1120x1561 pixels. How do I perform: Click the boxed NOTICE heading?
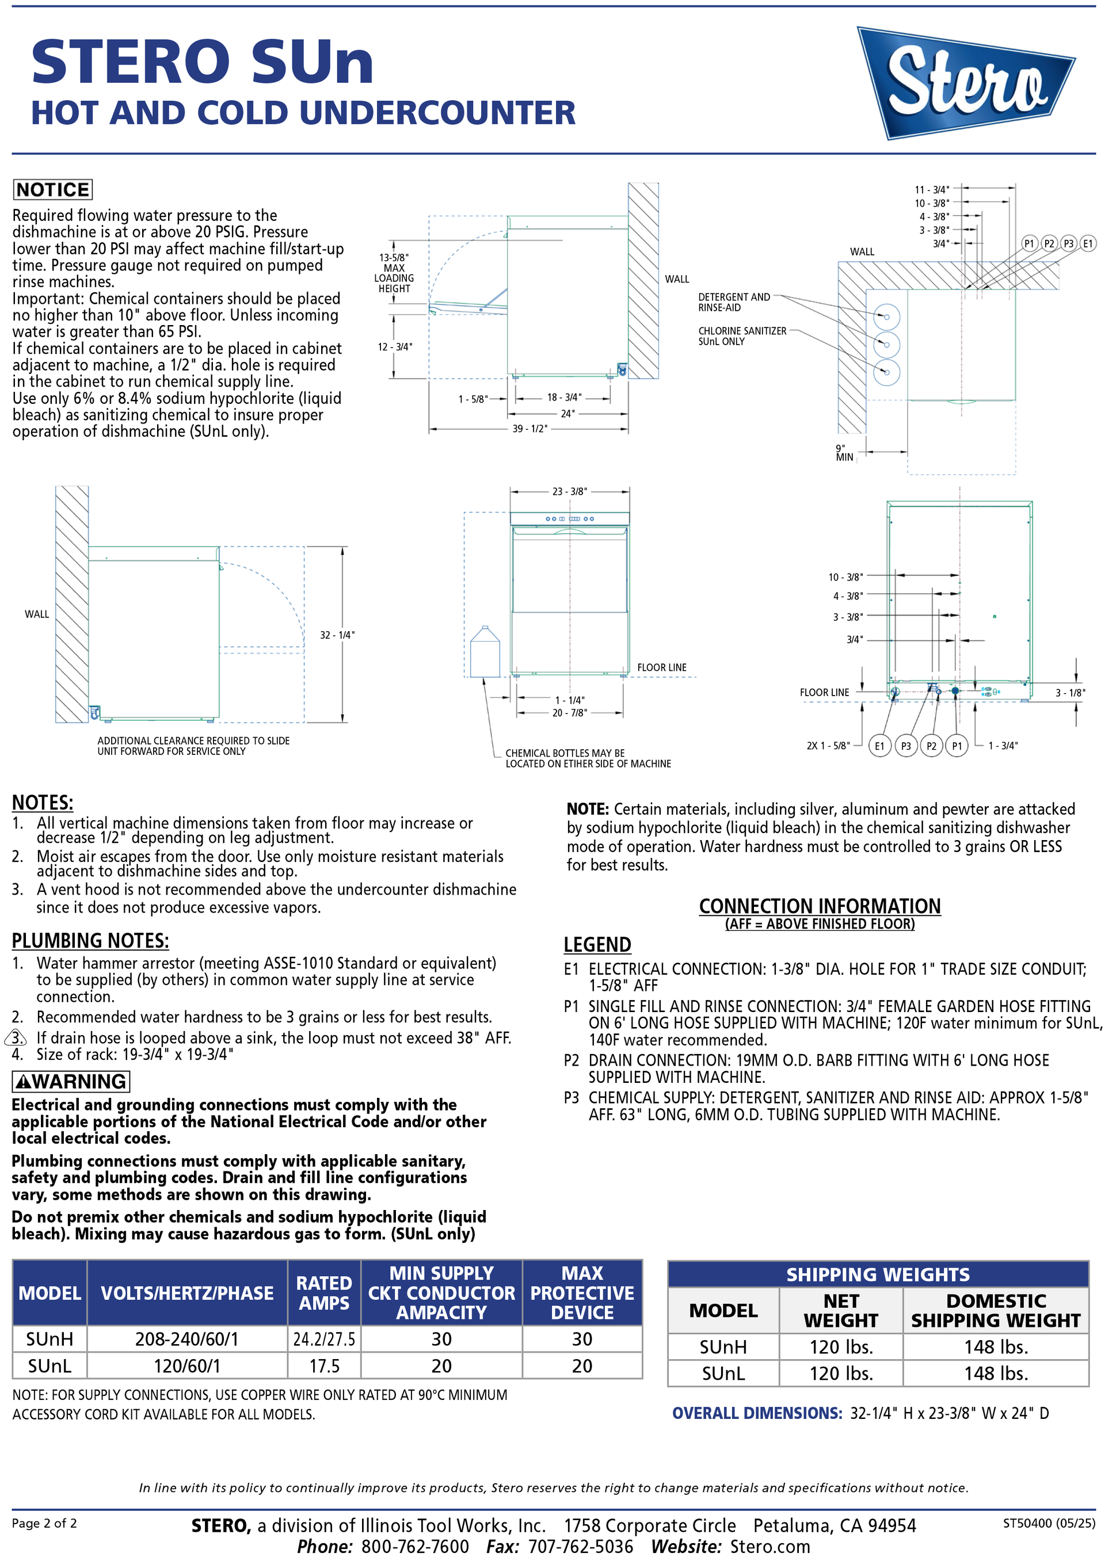click(x=52, y=189)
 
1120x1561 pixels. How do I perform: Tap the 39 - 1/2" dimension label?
click(x=529, y=429)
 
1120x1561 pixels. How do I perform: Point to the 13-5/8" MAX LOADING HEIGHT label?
click(x=394, y=273)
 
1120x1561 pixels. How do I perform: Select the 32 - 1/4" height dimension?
click(x=337, y=635)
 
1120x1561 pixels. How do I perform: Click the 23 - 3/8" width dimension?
click(x=569, y=491)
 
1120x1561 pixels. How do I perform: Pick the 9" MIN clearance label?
click(x=844, y=452)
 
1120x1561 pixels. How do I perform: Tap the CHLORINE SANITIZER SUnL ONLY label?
click(x=741, y=336)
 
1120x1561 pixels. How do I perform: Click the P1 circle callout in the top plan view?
click(x=1028, y=243)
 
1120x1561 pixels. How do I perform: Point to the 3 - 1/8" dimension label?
click(x=1070, y=692)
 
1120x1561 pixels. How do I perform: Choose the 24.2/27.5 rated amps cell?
click(x=323, y=1339)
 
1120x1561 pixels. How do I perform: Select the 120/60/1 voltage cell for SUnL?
click(x=186, y=1365)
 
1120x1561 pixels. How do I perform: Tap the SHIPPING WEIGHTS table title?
click(x=877, y=1274)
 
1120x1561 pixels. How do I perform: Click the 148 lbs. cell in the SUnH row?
click(x=996, y=1346)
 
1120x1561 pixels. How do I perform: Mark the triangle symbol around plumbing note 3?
click(x=16, y=1037)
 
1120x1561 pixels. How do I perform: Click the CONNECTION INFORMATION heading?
click(x=819, y=906)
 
